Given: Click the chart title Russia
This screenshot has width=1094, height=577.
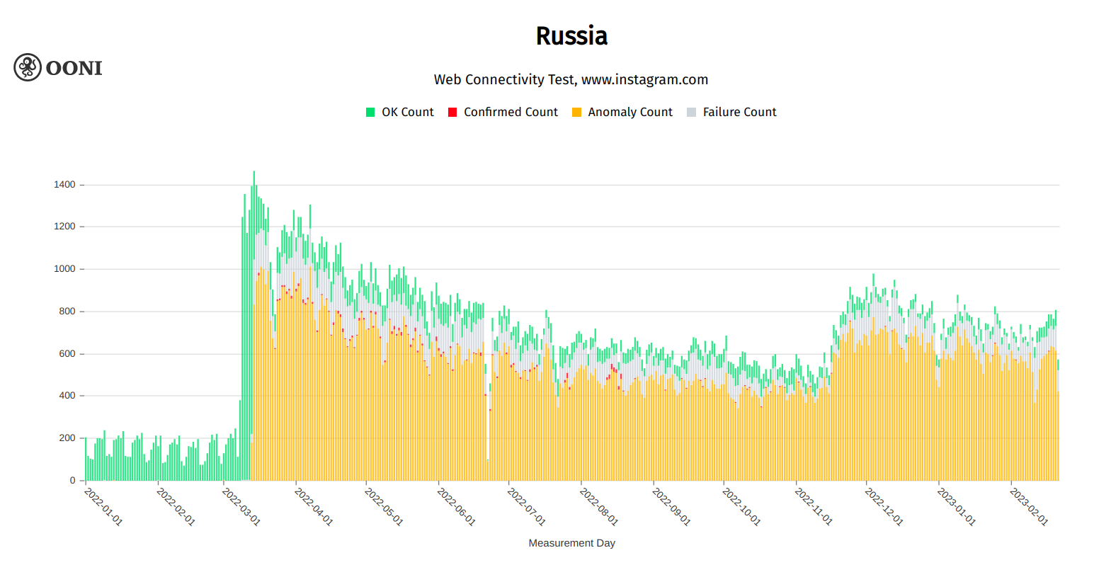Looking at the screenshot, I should pyautogui.click(x=571, y=36).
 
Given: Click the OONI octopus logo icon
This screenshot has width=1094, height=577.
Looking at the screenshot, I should pyautogui.click(x=28, y=67).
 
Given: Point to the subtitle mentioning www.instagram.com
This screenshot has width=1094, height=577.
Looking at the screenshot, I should pyautogui.click(x=571, y=79).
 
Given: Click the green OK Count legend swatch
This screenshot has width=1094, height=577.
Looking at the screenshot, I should pyautogui.click(x=370, y=112).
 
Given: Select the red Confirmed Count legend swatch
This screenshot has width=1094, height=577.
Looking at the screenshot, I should pyautogui.click(x=452, y=112).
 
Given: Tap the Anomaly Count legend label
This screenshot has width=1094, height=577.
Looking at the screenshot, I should pyautogui.click(x=629, y=112).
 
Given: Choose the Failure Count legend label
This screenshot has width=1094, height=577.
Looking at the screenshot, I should pyautogui.click(x=739, y=112).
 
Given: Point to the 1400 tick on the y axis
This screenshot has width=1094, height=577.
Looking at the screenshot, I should pyautogui.click(x=64, y=185).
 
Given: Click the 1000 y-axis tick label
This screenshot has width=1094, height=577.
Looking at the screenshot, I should pyautogui.click(x=64, y=269).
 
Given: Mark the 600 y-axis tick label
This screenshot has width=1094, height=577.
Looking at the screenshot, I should pyautogui.click(x=67, y=354).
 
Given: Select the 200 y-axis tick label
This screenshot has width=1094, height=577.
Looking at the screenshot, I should pyautogui.click(x=67, y=438).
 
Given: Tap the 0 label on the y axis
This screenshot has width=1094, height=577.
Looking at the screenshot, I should pyautogui.click(x=72, y=481).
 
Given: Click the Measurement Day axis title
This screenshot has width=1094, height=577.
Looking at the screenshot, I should pyautogui.click(x=571, y=543).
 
